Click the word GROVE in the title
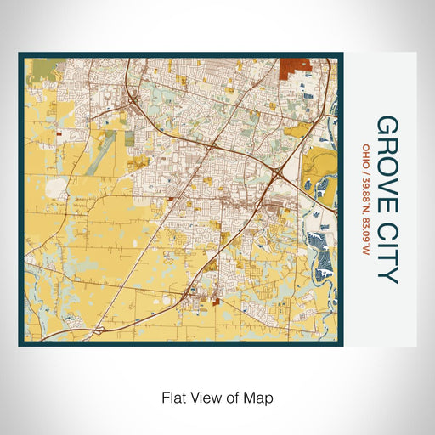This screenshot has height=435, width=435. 387,152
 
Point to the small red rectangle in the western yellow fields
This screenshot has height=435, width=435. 59,133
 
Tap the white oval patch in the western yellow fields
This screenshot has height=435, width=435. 56,187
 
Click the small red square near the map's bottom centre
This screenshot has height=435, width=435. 217,300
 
